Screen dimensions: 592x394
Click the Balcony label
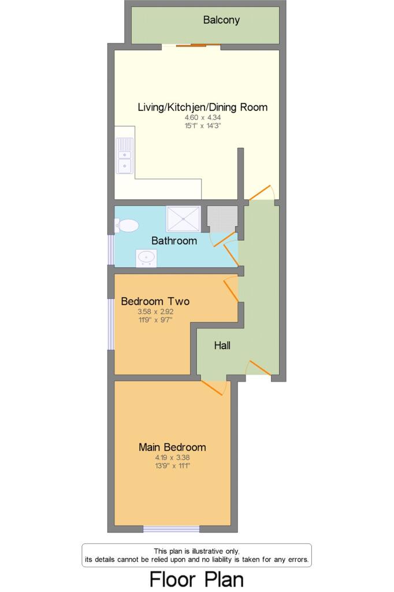221,20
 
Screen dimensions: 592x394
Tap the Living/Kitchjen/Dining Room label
202,107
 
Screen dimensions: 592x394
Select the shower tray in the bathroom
184,219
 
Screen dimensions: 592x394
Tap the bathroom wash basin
146,258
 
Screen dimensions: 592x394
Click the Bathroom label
174,240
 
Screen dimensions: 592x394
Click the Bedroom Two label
155,301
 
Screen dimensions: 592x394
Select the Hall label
222,346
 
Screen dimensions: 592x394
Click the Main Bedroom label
172,447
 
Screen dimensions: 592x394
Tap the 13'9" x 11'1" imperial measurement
172,464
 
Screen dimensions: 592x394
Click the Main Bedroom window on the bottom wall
171,529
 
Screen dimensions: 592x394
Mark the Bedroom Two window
111,324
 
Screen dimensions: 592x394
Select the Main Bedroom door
213,387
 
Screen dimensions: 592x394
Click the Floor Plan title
196,579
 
